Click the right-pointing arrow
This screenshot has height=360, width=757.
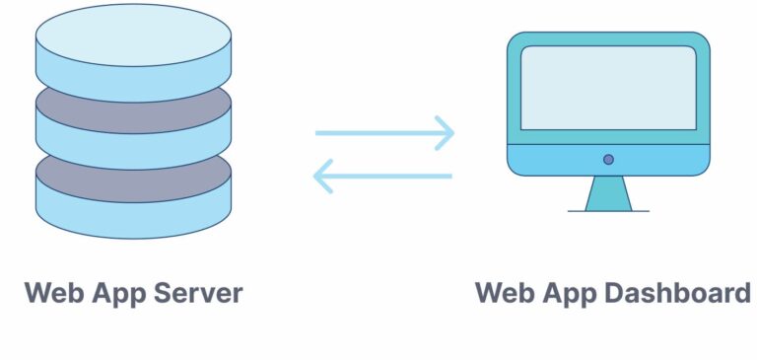coord(384,133)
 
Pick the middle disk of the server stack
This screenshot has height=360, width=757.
coord(133,138)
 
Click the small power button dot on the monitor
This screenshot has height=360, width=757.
coord(608,159)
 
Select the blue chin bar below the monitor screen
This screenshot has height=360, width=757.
coord(651,160)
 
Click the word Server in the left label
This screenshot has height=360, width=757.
coord(195,293)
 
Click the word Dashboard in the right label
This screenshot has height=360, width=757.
coord(678,293)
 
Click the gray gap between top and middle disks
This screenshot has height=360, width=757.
coord(133,105)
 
